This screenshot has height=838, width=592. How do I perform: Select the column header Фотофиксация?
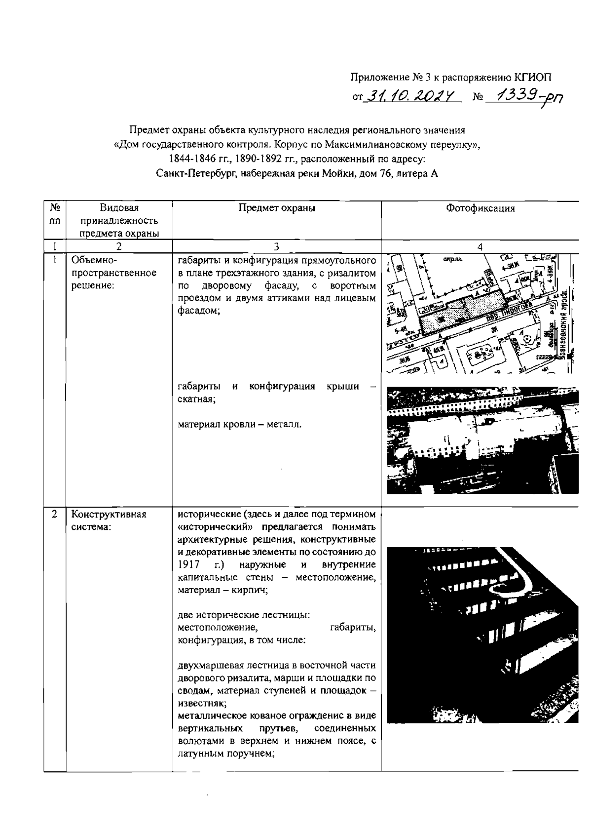point(480,208)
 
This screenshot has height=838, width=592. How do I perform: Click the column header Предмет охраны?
point(277,208)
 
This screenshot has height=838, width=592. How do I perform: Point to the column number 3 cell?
point(277,246)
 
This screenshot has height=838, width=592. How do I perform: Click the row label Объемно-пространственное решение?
point(113,273)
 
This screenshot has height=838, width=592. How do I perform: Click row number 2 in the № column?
point(54,514)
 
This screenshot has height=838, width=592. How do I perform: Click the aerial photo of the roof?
point(481,439)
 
